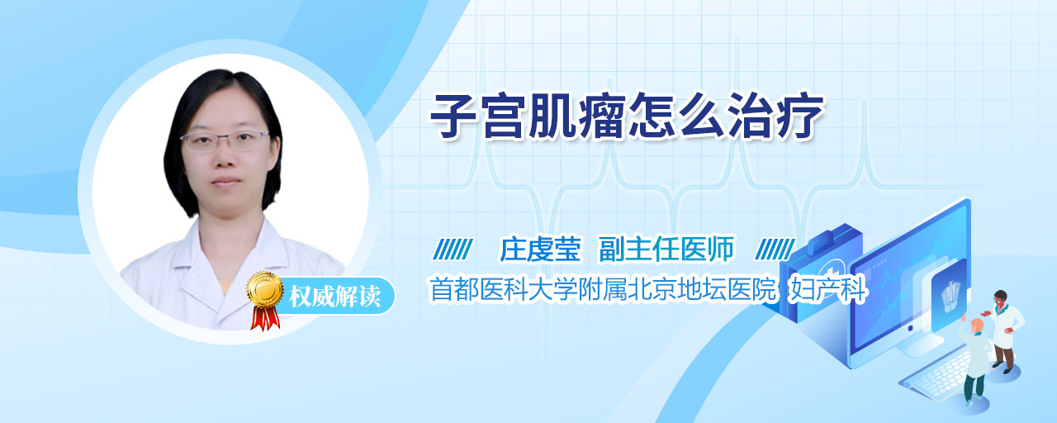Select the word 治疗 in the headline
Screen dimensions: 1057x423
click(775, 116)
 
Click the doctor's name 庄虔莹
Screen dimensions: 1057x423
click(540, 249)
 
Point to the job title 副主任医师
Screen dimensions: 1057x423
click(666, 249)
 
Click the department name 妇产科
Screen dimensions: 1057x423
click(828, 289)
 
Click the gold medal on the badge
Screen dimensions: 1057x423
click(265, 289)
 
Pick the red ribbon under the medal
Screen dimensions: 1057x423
click(265, 318)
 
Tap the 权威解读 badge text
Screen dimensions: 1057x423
click(334, 297)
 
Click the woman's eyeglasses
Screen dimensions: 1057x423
click(225, 140)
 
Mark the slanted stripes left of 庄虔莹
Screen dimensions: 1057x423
click(453, 249)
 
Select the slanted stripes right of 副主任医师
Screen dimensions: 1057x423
click(775, 249)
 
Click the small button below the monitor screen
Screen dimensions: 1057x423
click(910, 328)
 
